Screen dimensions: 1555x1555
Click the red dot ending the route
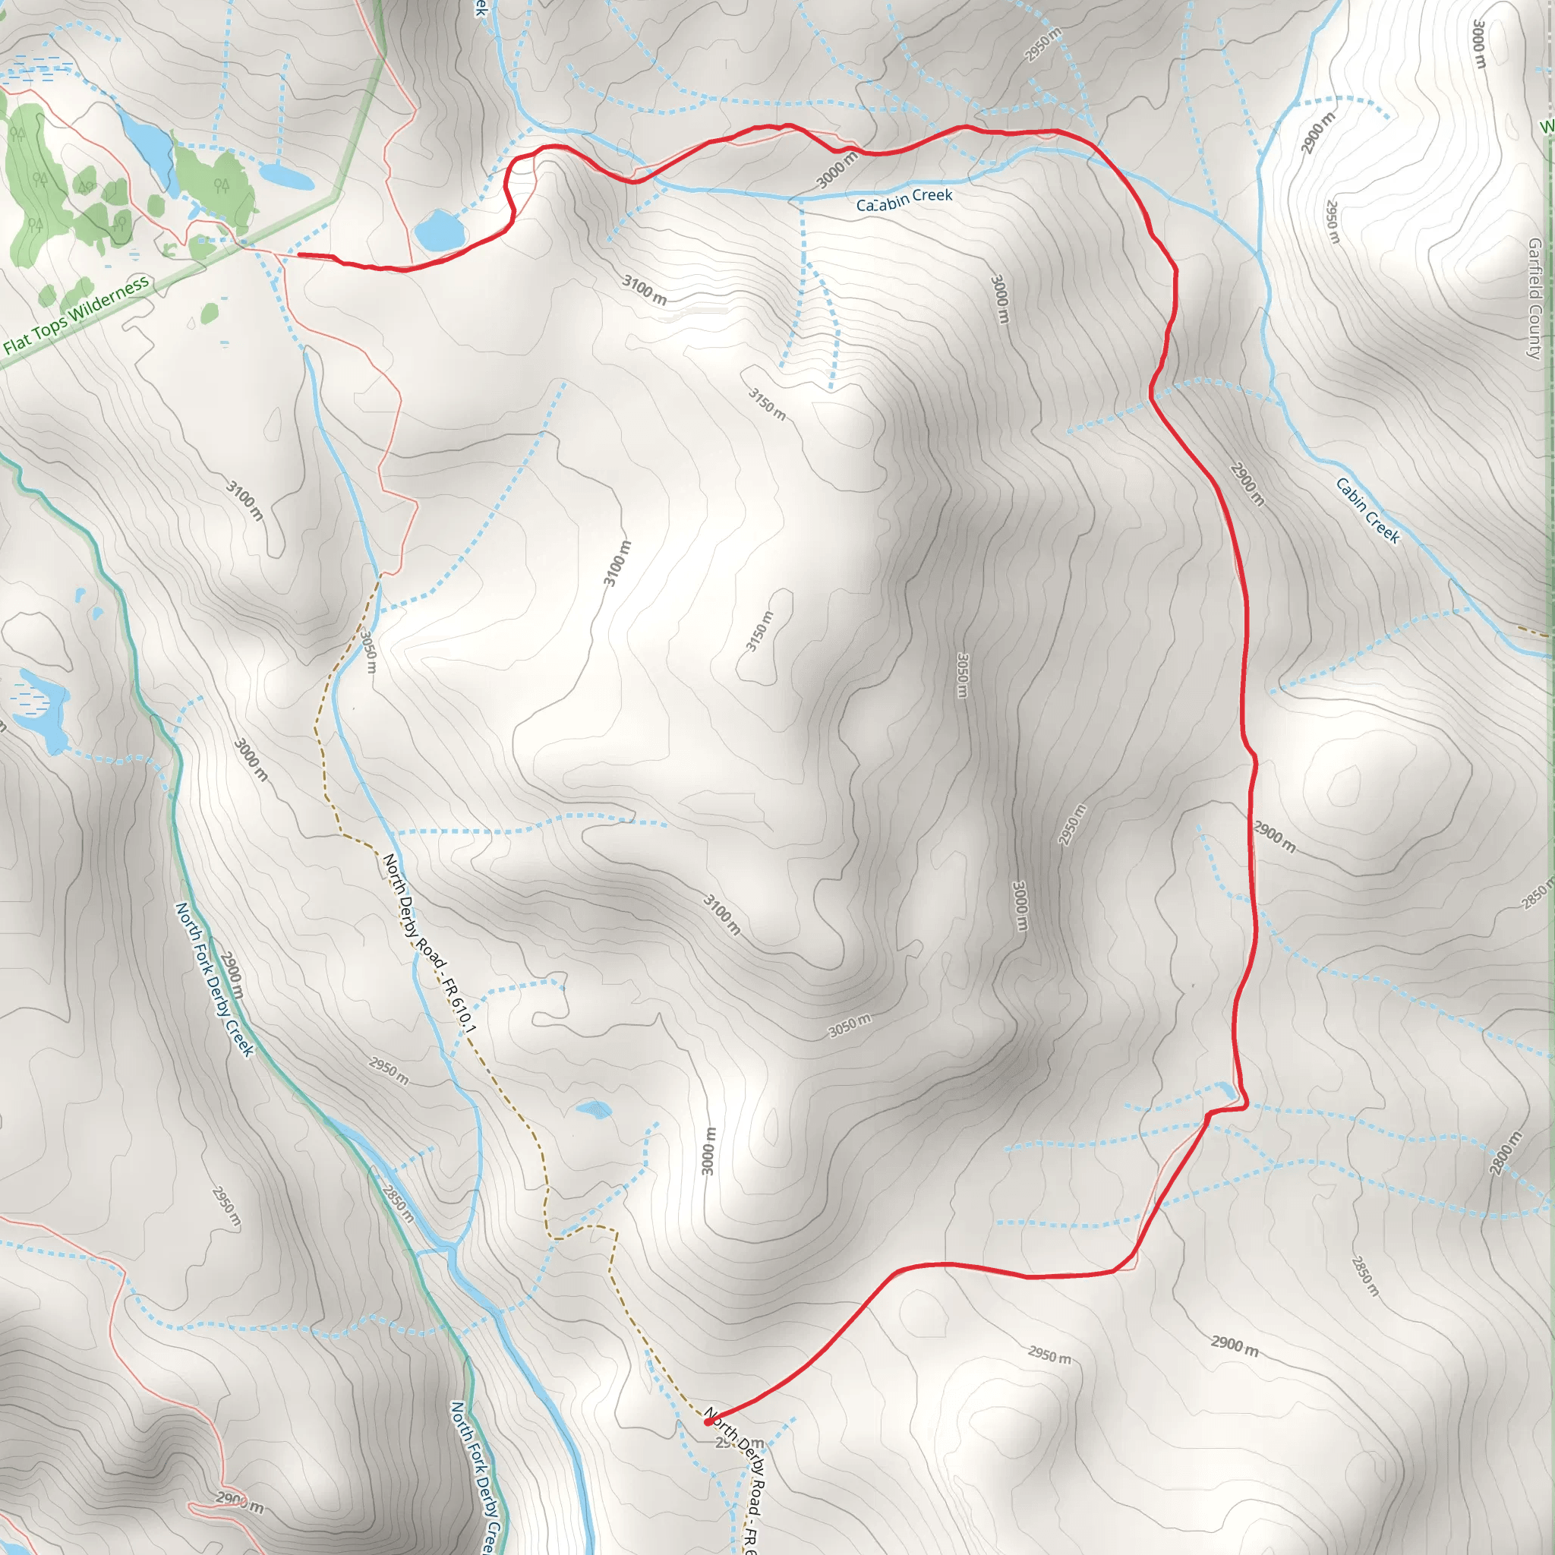[x=708, y=1422]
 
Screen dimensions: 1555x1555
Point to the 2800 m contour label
[x=1505, y=1153]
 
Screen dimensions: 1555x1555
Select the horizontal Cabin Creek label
[x=904, y=200]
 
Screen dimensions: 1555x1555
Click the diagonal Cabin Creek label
[x=1368, y=510]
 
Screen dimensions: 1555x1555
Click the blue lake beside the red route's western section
[x=440, y=230]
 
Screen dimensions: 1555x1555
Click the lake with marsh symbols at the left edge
[x=40, y=708]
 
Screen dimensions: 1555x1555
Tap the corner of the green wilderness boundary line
[x=335, y=197]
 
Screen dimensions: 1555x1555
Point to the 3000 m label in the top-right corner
[x=1478, y=44]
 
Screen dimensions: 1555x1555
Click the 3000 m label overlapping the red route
[x=837, y=170]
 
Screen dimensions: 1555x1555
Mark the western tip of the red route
[x=299, y=254]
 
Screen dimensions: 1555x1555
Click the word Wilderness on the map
[x=109, y=297]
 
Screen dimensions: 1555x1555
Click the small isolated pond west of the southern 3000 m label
[x=594, y=1110]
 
